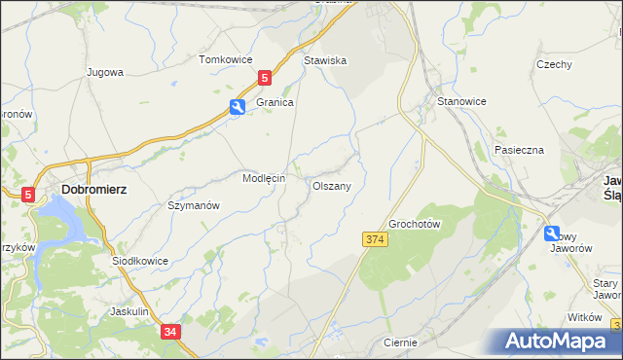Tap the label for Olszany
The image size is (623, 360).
[332, 185]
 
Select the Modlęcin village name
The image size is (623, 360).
[263, 179]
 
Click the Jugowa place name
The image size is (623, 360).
[105, 72]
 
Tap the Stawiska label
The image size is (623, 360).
[325, 60]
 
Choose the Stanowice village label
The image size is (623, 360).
[461, 101]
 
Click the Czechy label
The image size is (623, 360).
[553, 64]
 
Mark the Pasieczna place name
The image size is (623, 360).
[518, 150]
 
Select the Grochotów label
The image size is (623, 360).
[416, 224]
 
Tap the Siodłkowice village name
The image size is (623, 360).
[140, 261]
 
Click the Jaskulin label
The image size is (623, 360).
[129, 311]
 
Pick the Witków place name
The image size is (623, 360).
[585, 318]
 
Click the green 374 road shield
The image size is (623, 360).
[377, 239]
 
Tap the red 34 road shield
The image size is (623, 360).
[170, 332]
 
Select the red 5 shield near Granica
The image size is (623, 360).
[265, 76]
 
